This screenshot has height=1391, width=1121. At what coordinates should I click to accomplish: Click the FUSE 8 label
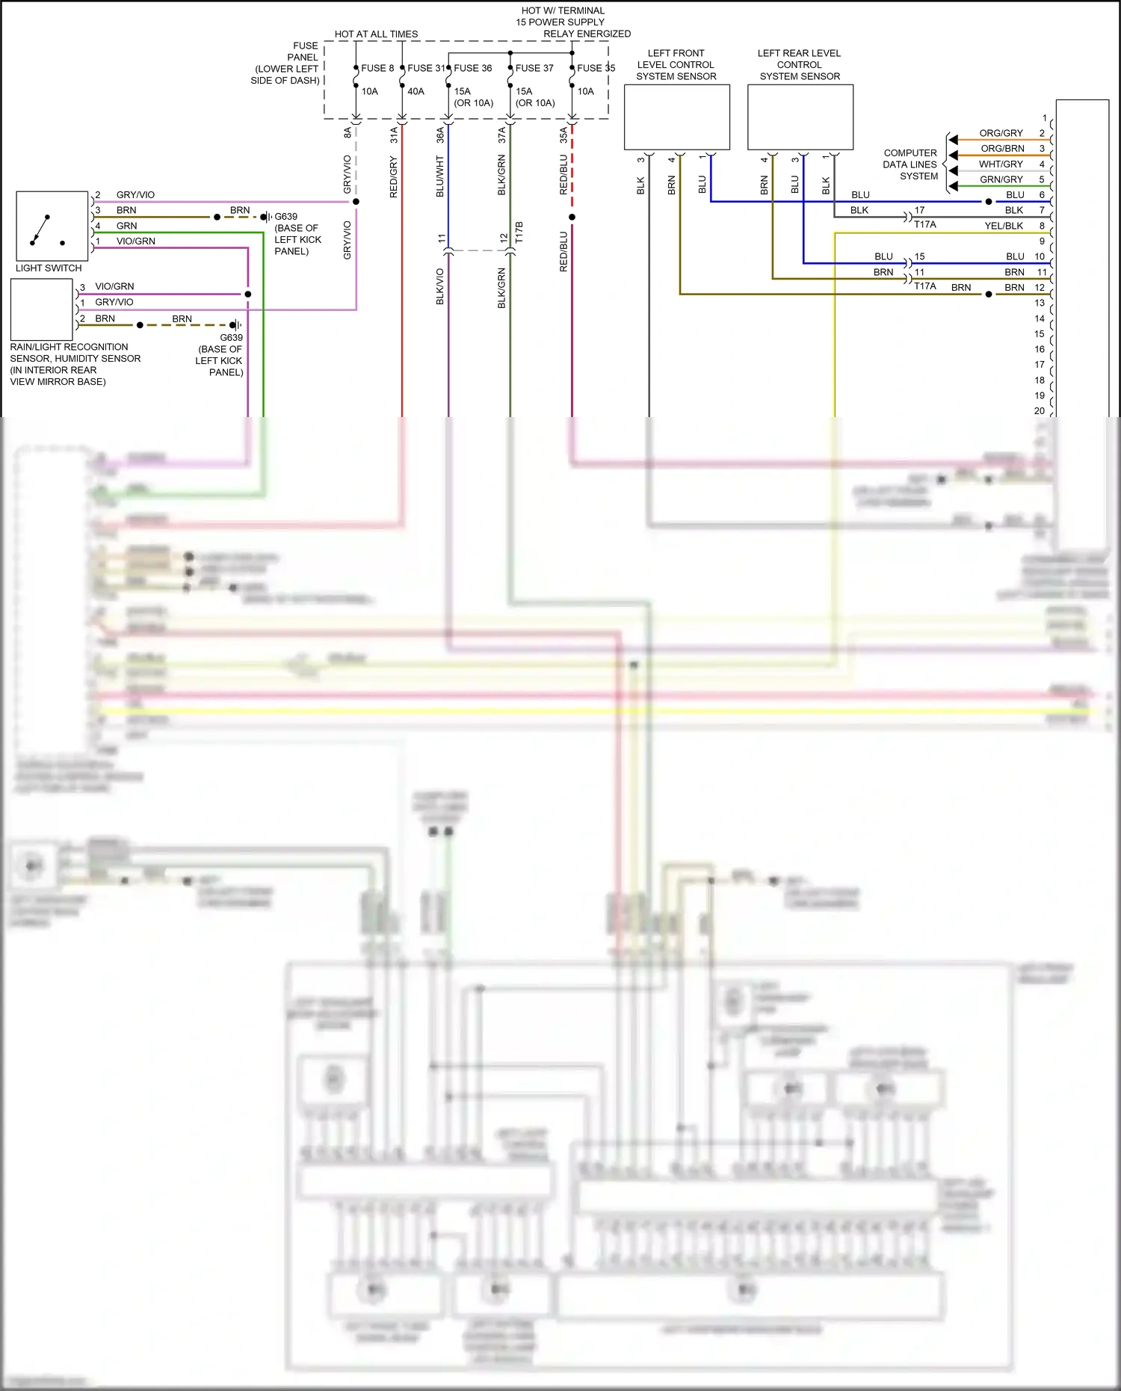(x=377, y=68)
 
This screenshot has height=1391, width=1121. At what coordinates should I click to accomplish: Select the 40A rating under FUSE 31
(x=416, y=91)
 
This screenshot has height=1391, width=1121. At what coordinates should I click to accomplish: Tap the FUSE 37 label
(x=534, y=68)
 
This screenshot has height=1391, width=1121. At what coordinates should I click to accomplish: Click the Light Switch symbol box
(x=52, y=226)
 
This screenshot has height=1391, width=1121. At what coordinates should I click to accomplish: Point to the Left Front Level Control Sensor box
(x=676, y=117)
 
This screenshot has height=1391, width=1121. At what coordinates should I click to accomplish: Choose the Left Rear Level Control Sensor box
(x=800, y=117)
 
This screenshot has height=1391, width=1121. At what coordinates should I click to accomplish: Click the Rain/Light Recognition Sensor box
(x=42, y=309)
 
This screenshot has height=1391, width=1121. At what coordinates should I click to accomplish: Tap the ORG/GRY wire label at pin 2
(x=1001, y=133)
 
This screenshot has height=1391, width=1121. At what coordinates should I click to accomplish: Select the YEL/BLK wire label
(x=1003, y=226)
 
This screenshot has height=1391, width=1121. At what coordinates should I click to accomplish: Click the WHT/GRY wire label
(x=1001, y=164)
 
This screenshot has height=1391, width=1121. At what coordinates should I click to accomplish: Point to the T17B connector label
(x=519, y=232)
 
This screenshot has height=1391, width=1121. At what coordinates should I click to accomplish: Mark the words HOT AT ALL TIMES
(x=376, y=34)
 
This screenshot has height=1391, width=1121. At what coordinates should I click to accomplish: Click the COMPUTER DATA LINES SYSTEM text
(x=910, y=164)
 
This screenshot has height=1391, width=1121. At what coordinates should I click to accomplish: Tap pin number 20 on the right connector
(x=1039, y=410)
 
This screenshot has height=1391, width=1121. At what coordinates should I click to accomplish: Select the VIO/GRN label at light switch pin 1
(x=136, y=241)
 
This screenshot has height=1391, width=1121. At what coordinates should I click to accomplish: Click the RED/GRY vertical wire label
(x=394, y=177)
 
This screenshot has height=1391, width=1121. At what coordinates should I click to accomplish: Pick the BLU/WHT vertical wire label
(x=440, y=176)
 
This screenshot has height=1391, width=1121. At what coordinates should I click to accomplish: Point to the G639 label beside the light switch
(x=285, y=217)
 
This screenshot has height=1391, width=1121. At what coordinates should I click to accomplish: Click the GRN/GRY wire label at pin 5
(x=1001, y=179)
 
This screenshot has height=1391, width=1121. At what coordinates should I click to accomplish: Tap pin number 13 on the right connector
(x=1040, y=303)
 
